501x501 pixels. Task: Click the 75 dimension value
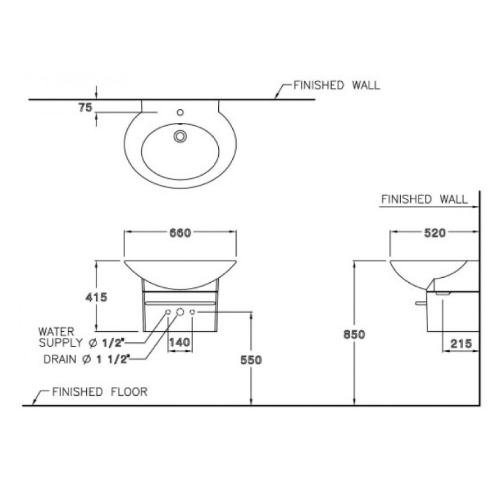[85, 108]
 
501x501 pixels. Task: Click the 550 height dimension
[251, 360]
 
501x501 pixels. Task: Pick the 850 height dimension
[354, 335]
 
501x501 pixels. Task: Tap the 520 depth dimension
[435, 233]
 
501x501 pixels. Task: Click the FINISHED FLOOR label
[100, 392]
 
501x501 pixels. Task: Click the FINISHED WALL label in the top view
[337, 86]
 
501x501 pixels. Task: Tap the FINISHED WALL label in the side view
[424, 199]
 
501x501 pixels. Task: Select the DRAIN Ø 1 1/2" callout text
[86, 359]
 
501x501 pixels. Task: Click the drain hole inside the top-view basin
[180, 135]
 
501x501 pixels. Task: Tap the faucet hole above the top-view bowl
[179, 112]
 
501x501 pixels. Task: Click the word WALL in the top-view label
[366, 86]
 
